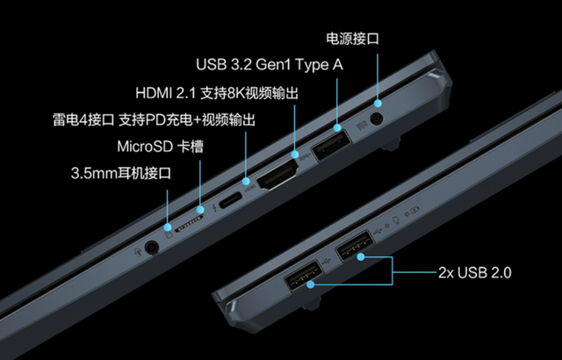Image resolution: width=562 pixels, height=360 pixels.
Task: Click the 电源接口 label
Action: pos(352,39)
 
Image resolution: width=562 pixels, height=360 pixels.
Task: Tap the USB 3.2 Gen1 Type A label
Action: pos(270,65)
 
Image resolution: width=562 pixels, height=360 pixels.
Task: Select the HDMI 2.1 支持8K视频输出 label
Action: pos(217,93)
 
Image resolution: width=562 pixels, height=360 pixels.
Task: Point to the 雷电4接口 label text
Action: pos(83,119)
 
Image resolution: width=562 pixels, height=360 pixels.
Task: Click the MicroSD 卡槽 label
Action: pos(160,146)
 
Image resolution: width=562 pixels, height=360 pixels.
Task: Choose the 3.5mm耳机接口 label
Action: pos(121,173)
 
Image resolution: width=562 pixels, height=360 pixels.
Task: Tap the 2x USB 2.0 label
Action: pos(475,273)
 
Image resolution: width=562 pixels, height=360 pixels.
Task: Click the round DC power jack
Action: pos(376,119)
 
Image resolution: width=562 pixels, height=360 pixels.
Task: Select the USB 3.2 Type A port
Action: pos(331,146)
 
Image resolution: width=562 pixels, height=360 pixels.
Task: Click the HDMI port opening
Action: pos(277,174)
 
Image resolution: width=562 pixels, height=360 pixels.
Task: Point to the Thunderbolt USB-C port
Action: pos(230,200)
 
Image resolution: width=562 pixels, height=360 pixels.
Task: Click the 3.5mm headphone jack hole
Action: pos(152,248)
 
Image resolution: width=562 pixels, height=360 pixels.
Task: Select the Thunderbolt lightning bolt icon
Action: pos(214,208)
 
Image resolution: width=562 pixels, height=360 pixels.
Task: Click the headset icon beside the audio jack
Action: pos(137,251)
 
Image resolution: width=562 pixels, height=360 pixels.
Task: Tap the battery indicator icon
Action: pos(415,211)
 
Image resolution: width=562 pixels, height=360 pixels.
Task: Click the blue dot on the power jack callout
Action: pos(378,104)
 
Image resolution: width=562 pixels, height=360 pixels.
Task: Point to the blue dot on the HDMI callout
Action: pos(295,155)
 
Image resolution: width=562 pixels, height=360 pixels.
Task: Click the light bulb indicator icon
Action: pos(396,220)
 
